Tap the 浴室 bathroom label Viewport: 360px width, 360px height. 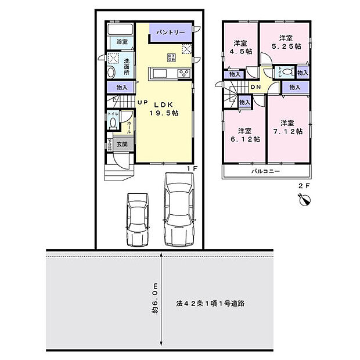click(x=121, y=42)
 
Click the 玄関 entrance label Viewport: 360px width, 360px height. click(x=121, y=144)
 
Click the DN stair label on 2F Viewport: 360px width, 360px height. click(x=256, y=88)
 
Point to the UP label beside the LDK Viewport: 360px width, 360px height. click(x=142, y=103)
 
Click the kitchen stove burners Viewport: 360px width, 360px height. click(x=184, y=73)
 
